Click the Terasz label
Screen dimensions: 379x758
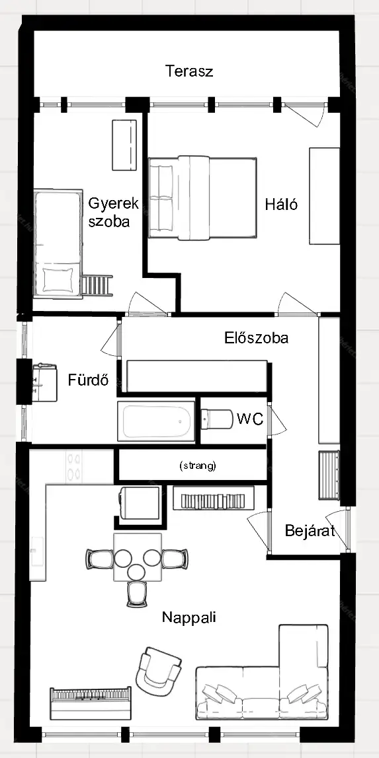[x=189, y=71]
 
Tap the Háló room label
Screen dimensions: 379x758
[x=281, y=204]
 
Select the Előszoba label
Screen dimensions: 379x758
[x=256, y=337]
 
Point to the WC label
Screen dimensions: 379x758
[x=250, y=419]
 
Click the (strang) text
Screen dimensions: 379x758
[x=198, y=466]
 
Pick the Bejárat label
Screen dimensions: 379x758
[x=310, y=531]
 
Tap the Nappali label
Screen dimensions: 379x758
[x=189, y=617]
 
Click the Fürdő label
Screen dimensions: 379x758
[x=87, y=380]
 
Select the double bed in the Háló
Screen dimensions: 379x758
[x=202, y=197]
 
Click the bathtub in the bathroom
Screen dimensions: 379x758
[x=156, y=421]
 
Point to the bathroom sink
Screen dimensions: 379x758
[x=44, y=382]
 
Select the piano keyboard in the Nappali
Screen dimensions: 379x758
[x=91, y=703]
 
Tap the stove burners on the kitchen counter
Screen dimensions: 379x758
[x=73, y=467]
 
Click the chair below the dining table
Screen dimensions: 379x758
[x=137, y=594]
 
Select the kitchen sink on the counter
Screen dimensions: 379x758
[x=37, y=551]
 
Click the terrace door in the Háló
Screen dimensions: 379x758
[x=305, y=112]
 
